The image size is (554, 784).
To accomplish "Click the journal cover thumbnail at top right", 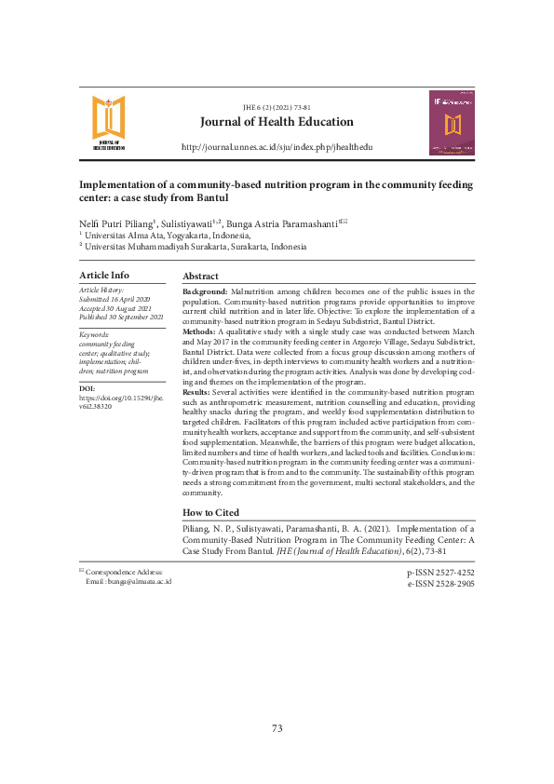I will click(x=452, y=123).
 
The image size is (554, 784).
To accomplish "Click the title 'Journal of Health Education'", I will click(x=277, y=122).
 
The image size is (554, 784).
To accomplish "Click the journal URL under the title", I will click(x=277, y=148).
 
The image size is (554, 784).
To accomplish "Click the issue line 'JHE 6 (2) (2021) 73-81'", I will click(x=277, y=108).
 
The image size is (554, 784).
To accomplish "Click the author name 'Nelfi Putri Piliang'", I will click(x=116, y=223).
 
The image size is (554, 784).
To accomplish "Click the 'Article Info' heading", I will click(x=104, y=276).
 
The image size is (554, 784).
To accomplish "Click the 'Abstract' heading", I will click(x=200, y=277).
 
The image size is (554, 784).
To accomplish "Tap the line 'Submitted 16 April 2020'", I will click(x=115, y=300).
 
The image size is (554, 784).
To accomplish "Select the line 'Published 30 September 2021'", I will click(x=121, y=318).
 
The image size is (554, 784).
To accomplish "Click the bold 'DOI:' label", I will click(x=88, y=387).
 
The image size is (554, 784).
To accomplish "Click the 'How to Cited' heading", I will click(x=210, y=512).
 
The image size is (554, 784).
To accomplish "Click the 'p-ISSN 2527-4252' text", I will click(x=440, y=573).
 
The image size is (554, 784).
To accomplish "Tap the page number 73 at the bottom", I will click(x=277, y=728).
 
